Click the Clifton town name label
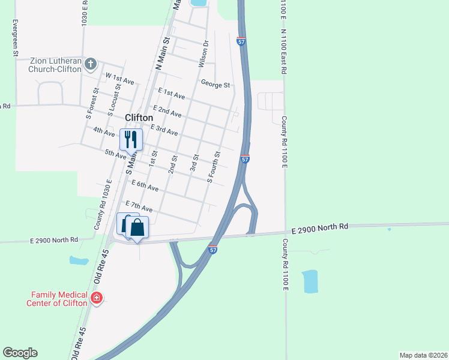pos(139,118)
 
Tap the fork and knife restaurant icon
pos(131,140)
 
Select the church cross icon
pos(90,63)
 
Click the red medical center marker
pos(96,298)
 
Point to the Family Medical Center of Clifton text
pos(59,298)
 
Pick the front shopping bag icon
pos(137,228)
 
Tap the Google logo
pos(20,353)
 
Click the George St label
pos(215,85)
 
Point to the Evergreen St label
pos(15,38)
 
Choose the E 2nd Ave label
pos(167,111)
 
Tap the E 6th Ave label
pos(144,187)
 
